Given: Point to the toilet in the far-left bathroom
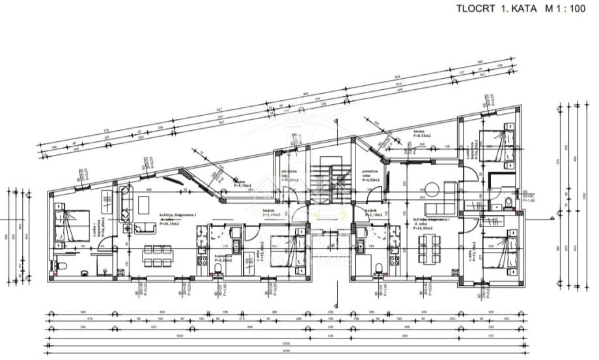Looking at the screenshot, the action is point(61,268).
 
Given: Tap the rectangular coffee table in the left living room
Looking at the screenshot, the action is point(145,227).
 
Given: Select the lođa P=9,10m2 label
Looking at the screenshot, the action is point(241,184).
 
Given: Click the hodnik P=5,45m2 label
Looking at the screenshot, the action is point(272,213).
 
